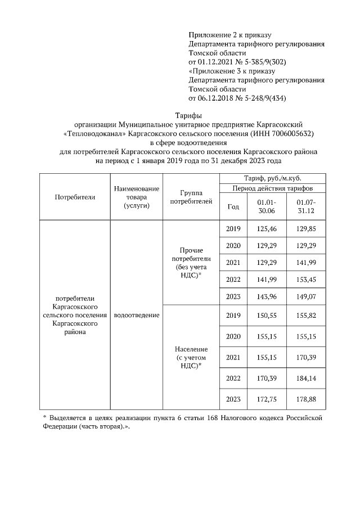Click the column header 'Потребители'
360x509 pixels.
(75, 197)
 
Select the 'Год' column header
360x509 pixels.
(233, 206)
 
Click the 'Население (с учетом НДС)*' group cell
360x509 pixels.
(191, 357)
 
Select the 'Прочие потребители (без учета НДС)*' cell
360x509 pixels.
(191, 262)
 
